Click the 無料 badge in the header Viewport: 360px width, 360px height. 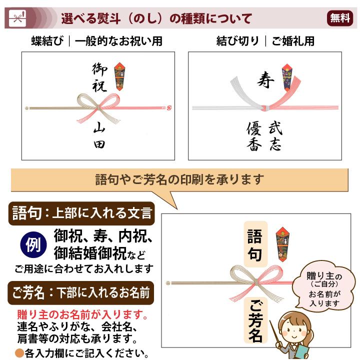pos(340,18)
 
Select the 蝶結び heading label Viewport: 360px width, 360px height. pos(47,41)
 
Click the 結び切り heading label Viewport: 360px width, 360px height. pos(237,41)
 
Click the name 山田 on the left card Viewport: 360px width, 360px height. pos(99,136)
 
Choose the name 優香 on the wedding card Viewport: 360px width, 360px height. pos(254,136)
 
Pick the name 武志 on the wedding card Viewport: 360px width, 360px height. pos(275,136)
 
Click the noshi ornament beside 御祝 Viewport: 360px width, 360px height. pos(120,75)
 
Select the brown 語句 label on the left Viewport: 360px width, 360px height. pos(25,213)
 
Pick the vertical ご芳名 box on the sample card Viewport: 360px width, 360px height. pos(254,320)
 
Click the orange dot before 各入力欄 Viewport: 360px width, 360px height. pos(18,353)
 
